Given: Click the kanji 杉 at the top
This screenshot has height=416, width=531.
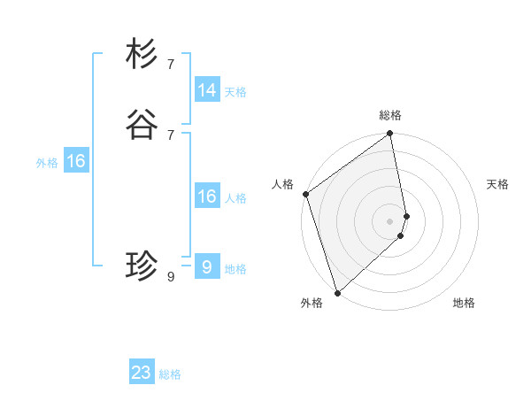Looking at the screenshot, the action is [x=142, y=54].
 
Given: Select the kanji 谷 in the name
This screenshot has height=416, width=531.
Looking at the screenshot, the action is [x=142, y=125].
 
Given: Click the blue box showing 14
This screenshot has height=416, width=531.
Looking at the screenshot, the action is [x=207, y=90].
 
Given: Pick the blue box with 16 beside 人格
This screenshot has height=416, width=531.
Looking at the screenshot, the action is [x=207, y=196].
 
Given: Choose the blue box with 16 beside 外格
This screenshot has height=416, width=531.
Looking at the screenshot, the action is [x=76, y=161].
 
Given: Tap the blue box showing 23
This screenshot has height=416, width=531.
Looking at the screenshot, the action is [x=142, y=373].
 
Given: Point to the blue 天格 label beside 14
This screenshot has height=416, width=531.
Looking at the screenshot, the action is [x=235, y=92].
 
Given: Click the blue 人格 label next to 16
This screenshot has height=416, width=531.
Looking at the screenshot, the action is [x=235, y=198].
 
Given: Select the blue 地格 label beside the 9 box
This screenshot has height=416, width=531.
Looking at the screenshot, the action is [x=235, y=269].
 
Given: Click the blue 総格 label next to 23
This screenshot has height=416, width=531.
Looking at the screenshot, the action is [x=170, y=374].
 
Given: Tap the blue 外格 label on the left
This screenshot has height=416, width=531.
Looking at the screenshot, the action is [x=47, y=163].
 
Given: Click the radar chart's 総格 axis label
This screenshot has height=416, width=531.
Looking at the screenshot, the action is [x=390, y=115].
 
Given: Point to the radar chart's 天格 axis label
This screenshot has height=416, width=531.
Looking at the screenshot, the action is [x=497, y=184].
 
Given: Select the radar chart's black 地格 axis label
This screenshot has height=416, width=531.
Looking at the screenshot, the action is [x=464, y=303].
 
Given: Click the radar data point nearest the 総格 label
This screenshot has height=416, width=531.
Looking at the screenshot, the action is [x=390, y=135].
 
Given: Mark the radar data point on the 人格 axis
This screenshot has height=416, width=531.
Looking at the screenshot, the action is [x=305, y=194].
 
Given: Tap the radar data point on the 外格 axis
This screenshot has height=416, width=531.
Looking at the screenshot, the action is [x=337, y=292].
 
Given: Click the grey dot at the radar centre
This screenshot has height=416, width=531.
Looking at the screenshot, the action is [x=390, y=220].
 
